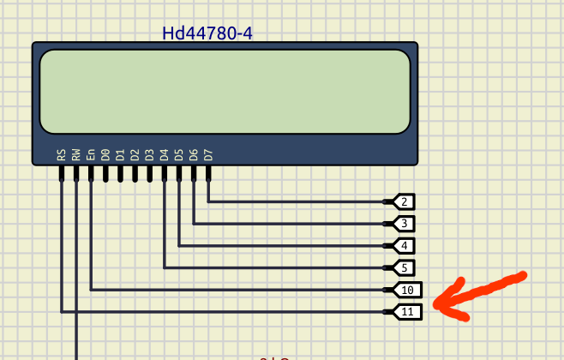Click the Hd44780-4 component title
click(x=207, y=33)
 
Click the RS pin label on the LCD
click(x=62, y=155)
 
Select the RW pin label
click(x=76, y=155)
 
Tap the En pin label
click(x=91, y=155)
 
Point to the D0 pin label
click(x=105, y=155)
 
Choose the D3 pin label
click(x=149, y=155)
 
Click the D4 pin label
click(x=164, y=155)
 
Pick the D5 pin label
click(x=178, y=155)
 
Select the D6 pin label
click(x=193, y=155)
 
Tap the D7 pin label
click(x=207, y=155)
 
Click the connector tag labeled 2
click(x=403, y=202)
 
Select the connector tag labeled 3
click(x=403, y=224)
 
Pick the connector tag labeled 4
click(x=403, y=246)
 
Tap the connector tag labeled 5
click(x=403, y=267)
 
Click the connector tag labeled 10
click(x=406, y=290)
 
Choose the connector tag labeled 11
click(x=406, y=311)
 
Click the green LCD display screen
click(x=225, y=91)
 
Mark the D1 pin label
click(x=120, y=155)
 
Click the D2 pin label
click(x=135, y=155)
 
